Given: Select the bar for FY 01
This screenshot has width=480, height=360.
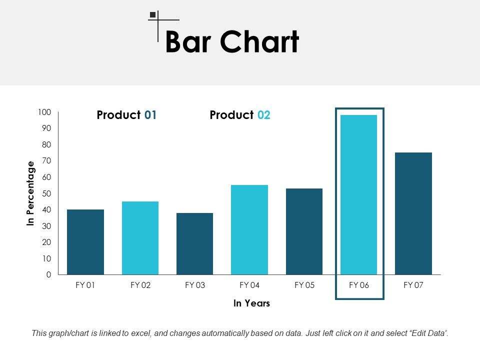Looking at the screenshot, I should click(x=85, y=242).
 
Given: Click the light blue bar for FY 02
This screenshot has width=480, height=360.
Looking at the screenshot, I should click(x=140, y=238).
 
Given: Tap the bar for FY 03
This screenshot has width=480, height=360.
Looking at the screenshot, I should click(x=194, y=243).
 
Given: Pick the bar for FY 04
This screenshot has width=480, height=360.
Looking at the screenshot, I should click(x=249, y=229).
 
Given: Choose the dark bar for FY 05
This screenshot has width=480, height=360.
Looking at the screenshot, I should click(x=304, y=231).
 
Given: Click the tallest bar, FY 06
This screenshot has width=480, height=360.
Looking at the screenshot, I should click(x=358, y=195).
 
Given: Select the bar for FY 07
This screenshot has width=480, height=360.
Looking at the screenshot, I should click(x=413, y=213).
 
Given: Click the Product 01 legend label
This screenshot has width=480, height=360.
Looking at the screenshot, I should click(x=126, y=115).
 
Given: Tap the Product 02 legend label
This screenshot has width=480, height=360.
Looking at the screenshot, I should click(x=240, y=115).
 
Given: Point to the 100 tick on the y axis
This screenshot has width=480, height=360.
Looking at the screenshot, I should click(x=44, y=112).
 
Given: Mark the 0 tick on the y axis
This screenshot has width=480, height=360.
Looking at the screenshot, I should click(x=48, y=275).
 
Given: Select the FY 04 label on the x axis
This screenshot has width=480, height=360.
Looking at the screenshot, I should click(x=249, y=285).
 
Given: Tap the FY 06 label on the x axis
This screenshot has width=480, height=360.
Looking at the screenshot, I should click(x=358, y=285).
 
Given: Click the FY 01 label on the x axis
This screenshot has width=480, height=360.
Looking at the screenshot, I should click(x=85, y=285).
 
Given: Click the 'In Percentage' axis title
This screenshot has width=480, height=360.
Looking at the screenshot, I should click(x=31, y=193).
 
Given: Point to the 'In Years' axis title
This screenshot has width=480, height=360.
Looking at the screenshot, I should click(x=251, y=303).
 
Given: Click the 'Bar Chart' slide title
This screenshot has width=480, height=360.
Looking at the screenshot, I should click(x=231, y=42).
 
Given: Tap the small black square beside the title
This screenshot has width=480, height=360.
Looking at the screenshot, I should click(x=152, y=15).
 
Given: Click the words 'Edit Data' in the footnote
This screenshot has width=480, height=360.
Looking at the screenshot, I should click(x=427, y=333).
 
